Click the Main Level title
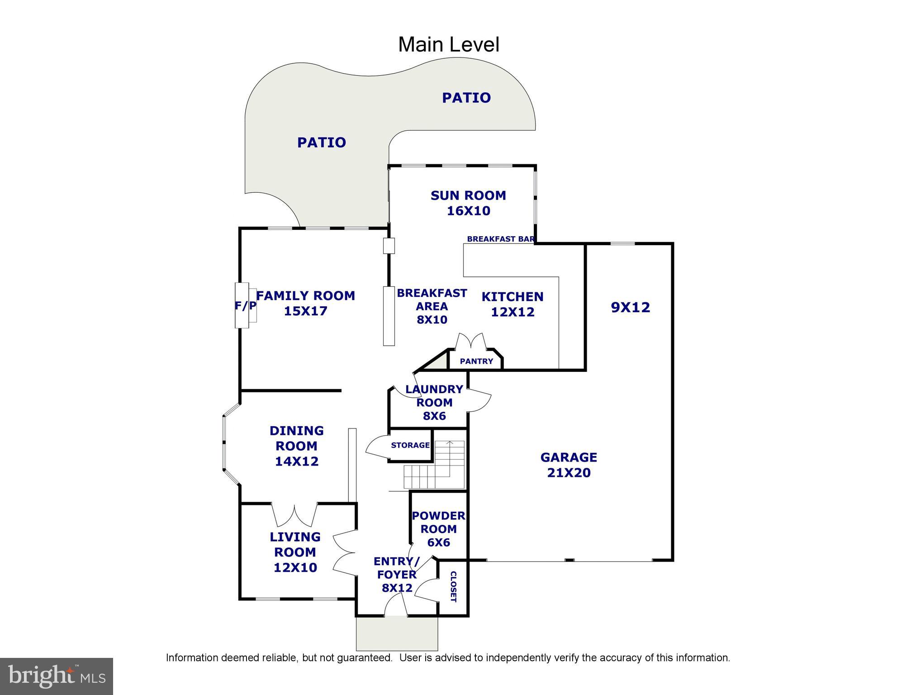(x=448, y=45)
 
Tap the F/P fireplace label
(x=245, y=306)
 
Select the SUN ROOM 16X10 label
(x=468, y=203)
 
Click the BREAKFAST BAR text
(x=500, y=239)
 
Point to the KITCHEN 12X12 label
(x=513, y=304)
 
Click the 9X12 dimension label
(x=630, y=307)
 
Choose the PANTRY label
(x=476, y=361)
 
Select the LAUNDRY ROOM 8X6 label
(x=434, y=402)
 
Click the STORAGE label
(x=410, y=445)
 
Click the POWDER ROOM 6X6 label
(x=438, y=529)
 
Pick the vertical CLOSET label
(x=453, y=586)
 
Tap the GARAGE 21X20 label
(x=569, y=465)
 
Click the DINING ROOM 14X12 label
(x=297, y=446)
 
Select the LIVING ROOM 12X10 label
(x=295, y=552)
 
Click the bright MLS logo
(x=57, y=676)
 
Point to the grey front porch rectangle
(x=397, y=633)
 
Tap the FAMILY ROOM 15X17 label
(x=306, y=303)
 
